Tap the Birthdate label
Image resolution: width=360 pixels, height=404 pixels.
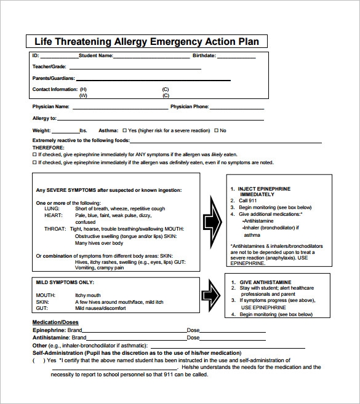pos(205,56)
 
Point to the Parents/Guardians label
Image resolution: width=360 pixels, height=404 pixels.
pos(54,78)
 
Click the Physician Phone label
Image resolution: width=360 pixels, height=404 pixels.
pos(189,106)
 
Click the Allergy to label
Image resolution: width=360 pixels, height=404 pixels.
pos(44,118)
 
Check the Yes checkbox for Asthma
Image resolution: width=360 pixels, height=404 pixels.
pos(125,130)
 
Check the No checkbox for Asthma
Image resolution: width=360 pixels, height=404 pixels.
pos(216,130)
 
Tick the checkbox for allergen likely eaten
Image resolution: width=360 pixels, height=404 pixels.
pos(34,154)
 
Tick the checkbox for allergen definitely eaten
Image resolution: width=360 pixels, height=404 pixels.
pos(34,163)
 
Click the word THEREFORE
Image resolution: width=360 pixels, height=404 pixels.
pos(48,148)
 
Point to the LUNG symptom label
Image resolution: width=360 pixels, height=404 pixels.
pos(52,209)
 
